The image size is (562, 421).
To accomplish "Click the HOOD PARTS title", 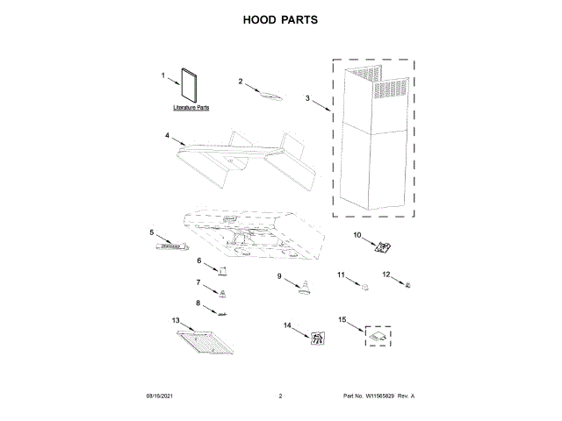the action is pyautogui.click(x=280, y=19).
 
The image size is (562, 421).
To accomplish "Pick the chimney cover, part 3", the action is pyautogui.click(x=374, y=140).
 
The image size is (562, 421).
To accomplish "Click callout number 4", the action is pyautogui.click(x=167, y=136).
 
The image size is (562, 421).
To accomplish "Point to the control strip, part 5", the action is pyautogui.click(x=172, y=247).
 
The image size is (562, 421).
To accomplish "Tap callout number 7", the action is pyautogui.click(x=198, y=282).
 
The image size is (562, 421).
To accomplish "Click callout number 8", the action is pyautogui.click(x=198, y=303).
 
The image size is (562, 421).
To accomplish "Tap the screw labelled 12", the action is pyautogui.click(x=407, y=284).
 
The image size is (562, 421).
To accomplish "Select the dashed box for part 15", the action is pyautogui.click(x=378, y=333).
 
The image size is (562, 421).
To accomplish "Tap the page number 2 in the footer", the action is pyautogui.click(x=280, y=397).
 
